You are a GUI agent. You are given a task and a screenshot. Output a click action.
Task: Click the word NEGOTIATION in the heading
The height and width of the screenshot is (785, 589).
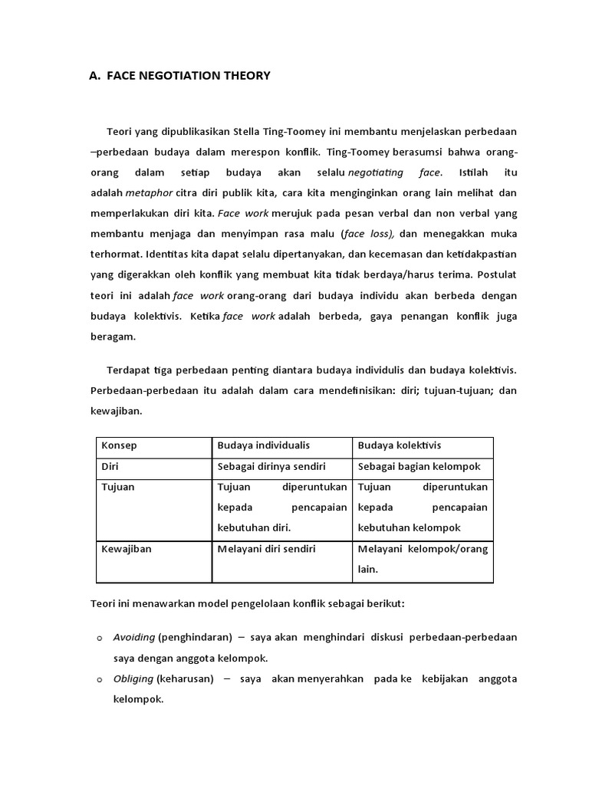click(169, 75)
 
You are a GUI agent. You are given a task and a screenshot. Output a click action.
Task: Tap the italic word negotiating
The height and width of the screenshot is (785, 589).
click(379, 172)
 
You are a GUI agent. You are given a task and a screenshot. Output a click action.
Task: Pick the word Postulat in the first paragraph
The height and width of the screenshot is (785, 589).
click(496, 273)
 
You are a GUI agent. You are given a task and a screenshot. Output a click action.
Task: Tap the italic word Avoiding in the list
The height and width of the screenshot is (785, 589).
click(133, 637)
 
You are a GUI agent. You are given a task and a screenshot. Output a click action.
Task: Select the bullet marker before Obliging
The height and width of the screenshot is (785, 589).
click(100, 679)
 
